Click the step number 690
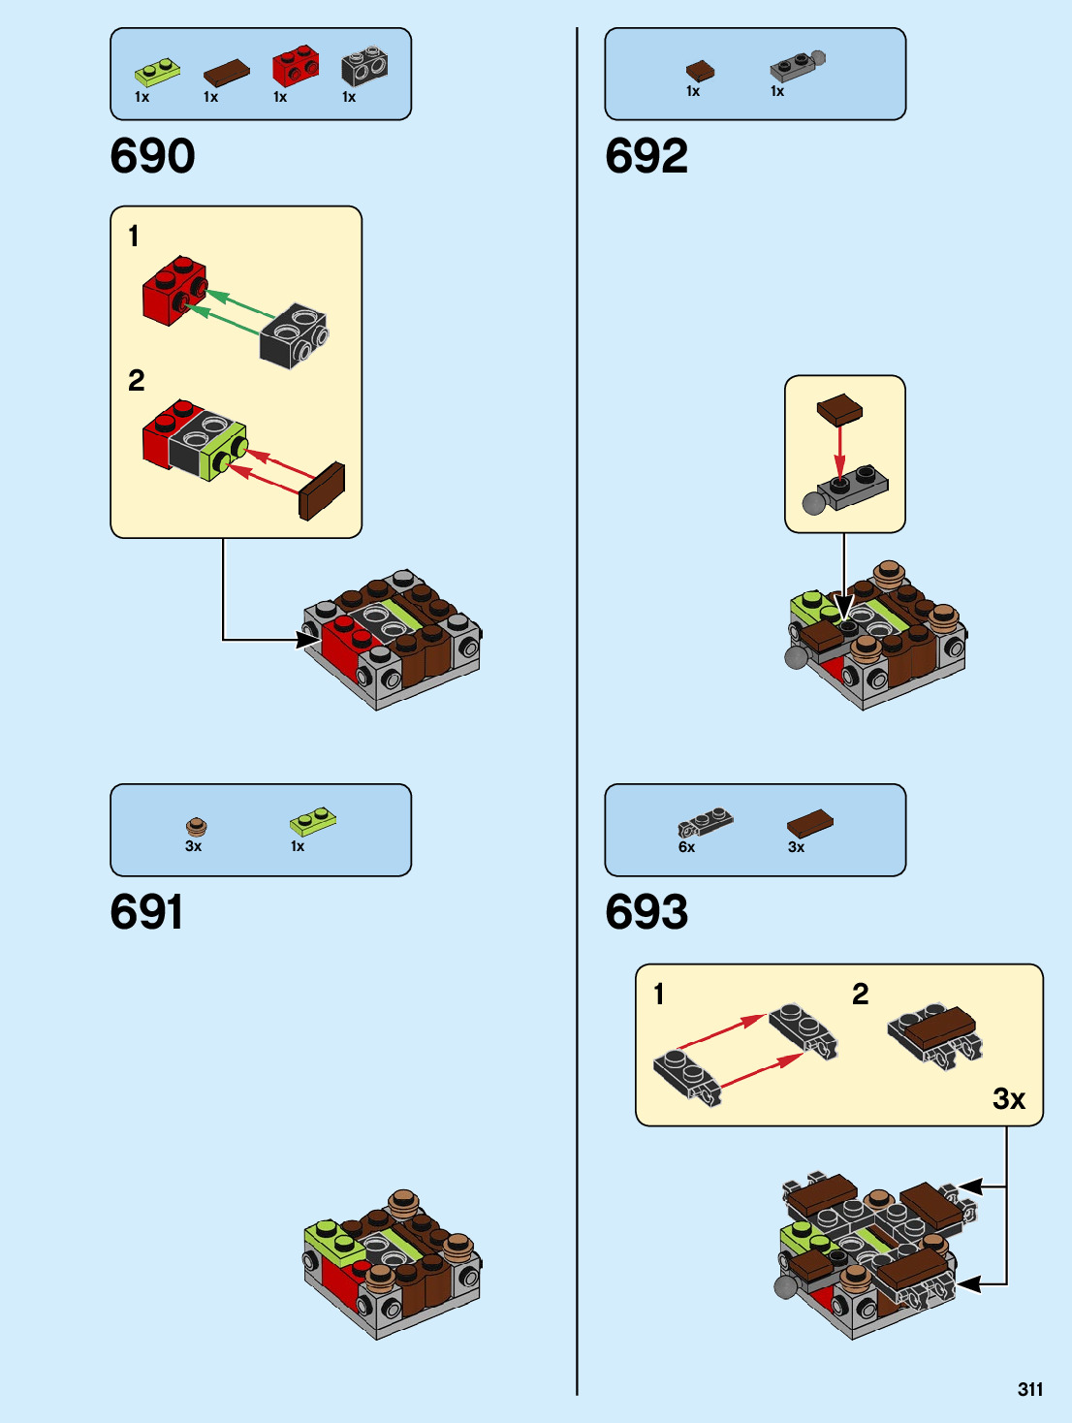coord(152,156)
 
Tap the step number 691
coord(146,912)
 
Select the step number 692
coord(646,156)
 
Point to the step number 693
coord(646,912)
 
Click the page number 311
coord(1030,1389)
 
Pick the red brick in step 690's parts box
coord(295,66)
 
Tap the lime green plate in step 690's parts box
coord(157,71)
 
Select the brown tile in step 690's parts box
coord(226,73)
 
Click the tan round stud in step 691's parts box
coord(197,827)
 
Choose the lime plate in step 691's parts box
coord(313,822)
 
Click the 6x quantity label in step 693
coord(686,847)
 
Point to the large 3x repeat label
coord(1008,1098)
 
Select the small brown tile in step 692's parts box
coord(700,71)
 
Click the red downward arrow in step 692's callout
coord(839,451)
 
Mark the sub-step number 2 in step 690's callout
coord(137,380)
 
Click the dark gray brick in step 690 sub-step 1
coord(293,334)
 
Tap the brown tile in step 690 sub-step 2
coord(323,490)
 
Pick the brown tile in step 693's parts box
coord(809,824)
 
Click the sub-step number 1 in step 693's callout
coord(659,994)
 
